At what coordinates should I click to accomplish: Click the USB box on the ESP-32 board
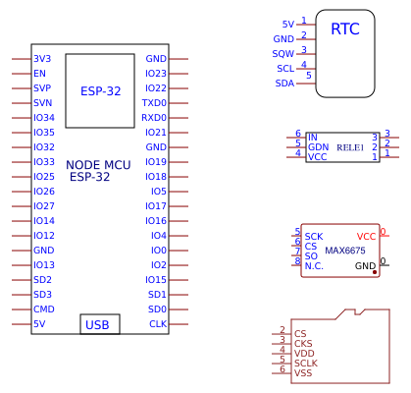click(x=100, y=324)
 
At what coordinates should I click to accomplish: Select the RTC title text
click(x=345, y=28)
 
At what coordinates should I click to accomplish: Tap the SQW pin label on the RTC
click(x=283, y=54)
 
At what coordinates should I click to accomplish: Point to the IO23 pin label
click(x=156, y=74)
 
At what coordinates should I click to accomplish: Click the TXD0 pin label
click(x=154, y=103)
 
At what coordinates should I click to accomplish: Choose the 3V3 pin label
click(x=42, y=59)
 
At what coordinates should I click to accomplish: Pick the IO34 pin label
click(x=44, y=118)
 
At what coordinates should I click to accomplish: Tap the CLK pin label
click(x=158, y=324)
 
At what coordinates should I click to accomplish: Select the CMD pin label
click(x=44, y=309)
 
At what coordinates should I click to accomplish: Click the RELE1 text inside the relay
click(x=350, y=147)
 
